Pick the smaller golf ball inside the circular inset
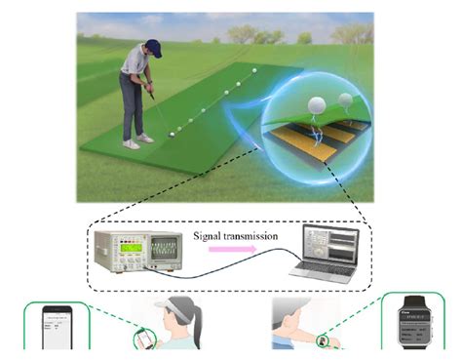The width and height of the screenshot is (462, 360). click(345, 100)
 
